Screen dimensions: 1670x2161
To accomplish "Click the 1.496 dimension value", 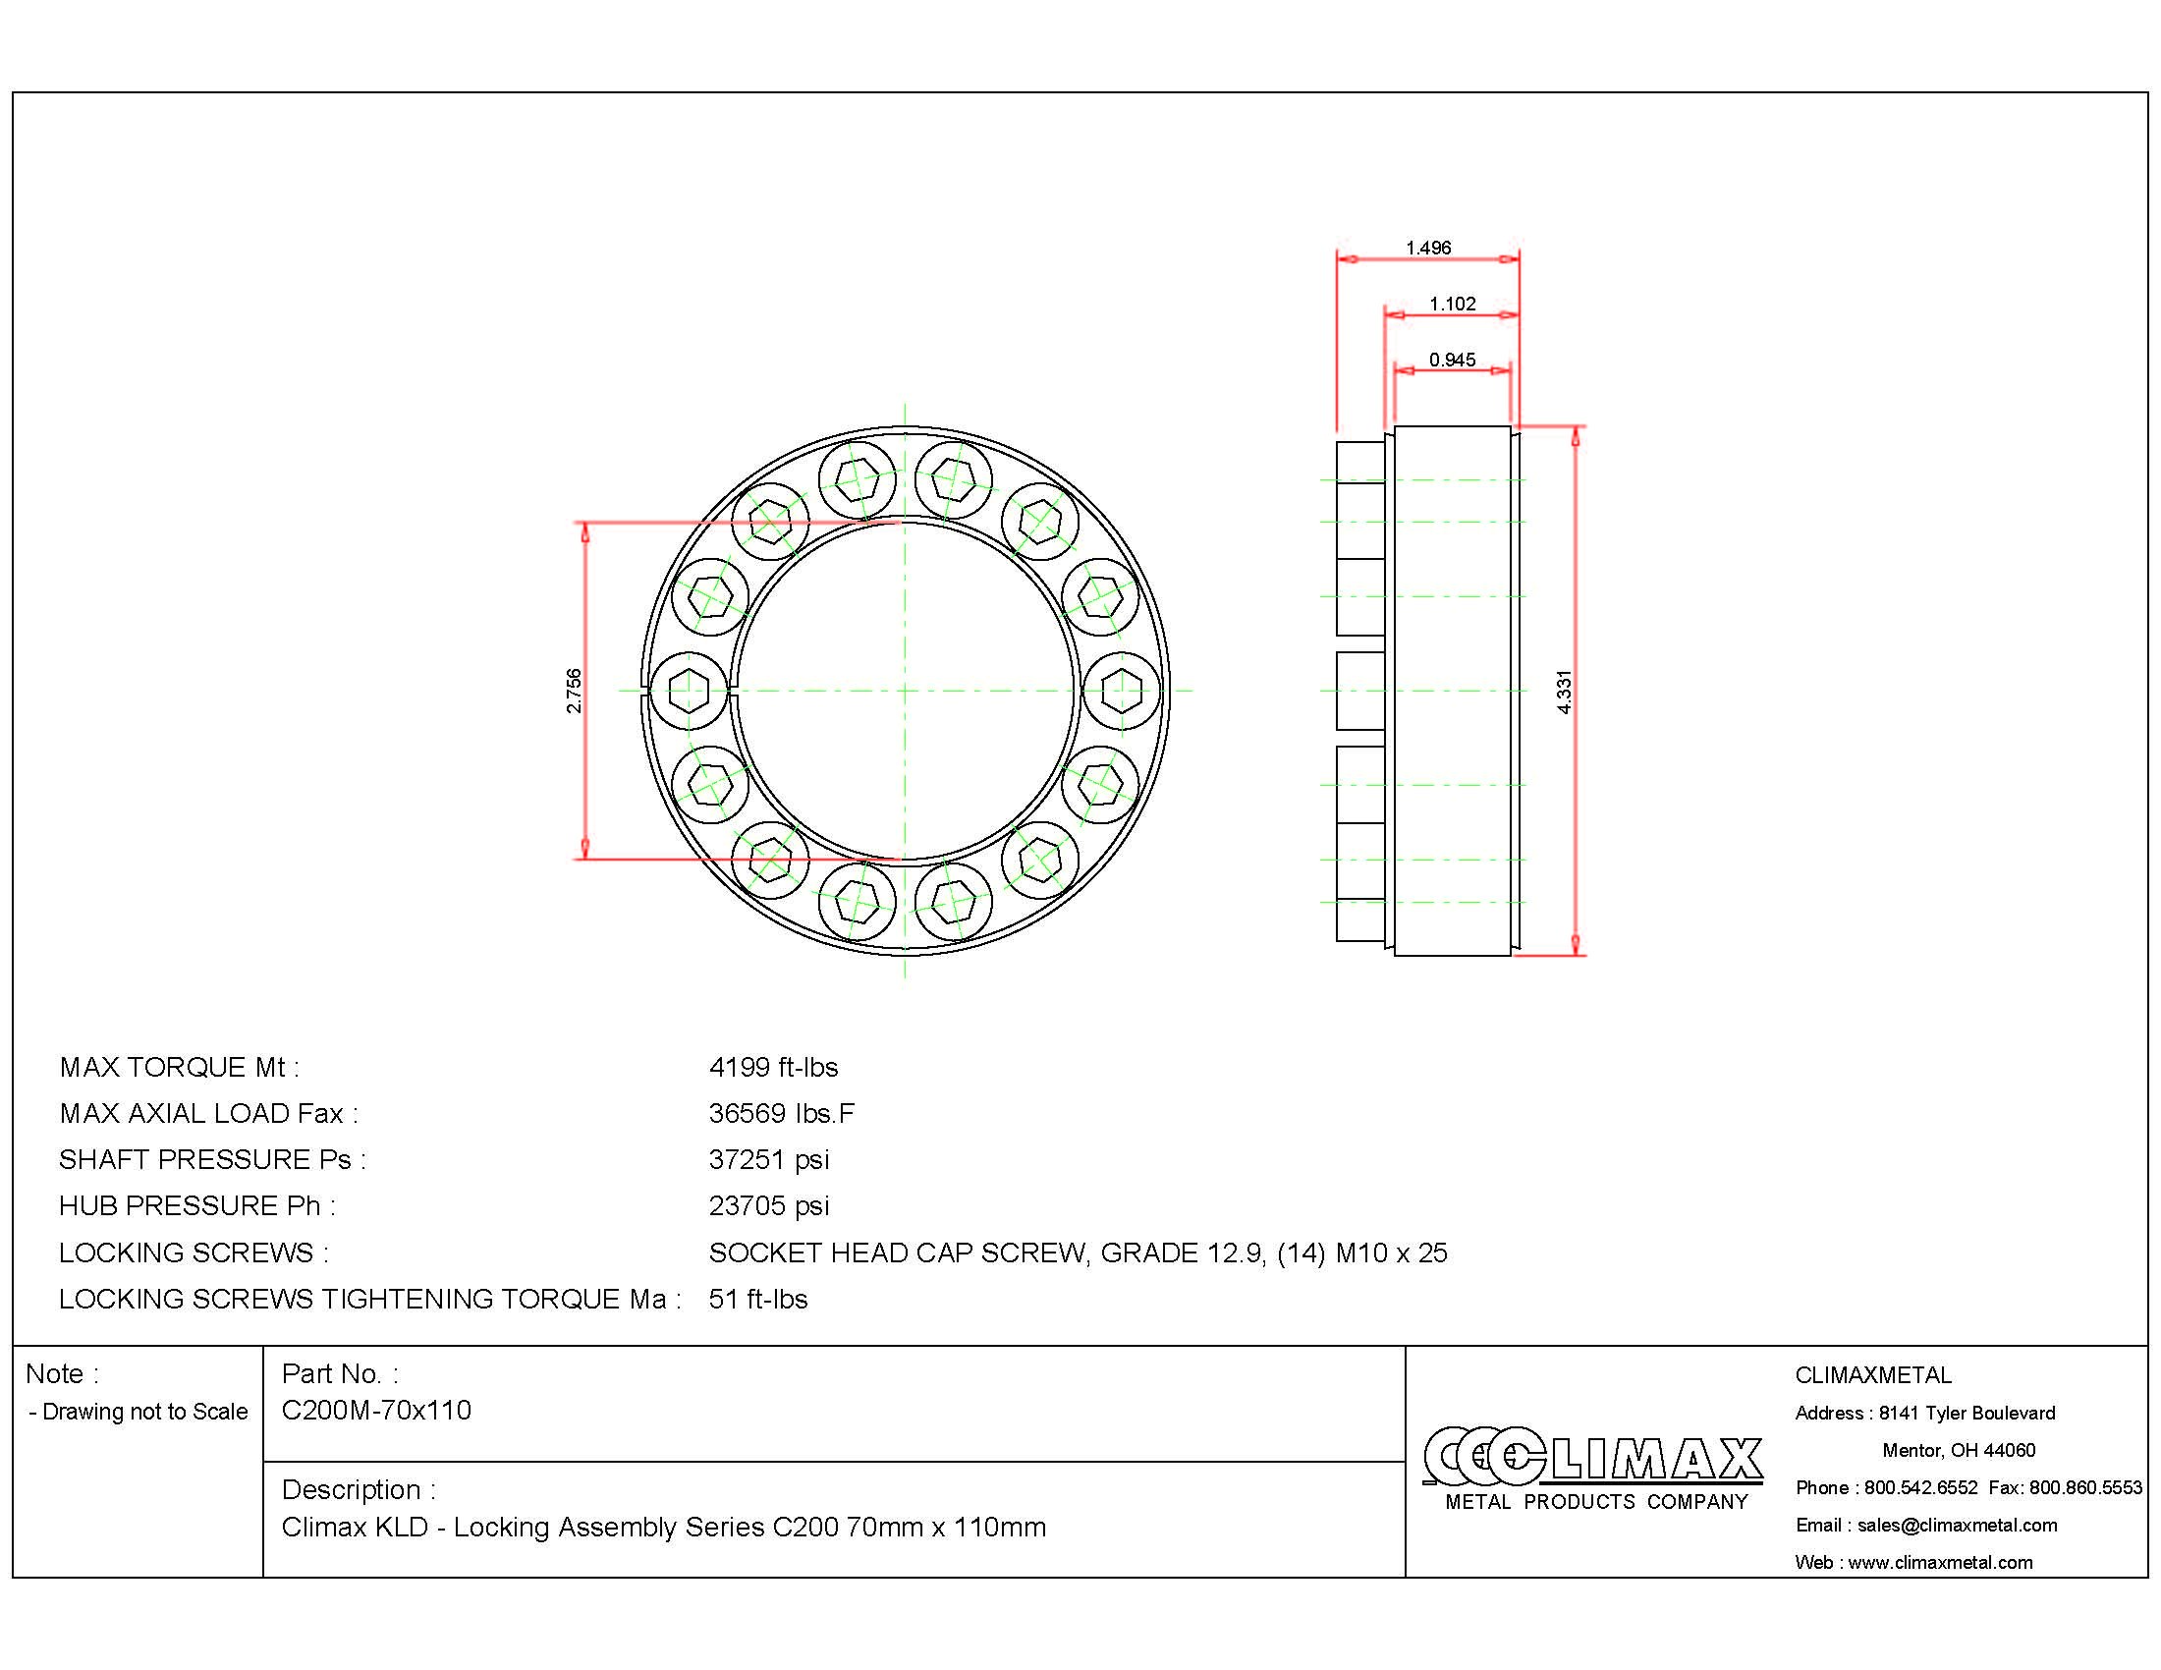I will tap(1428, 248).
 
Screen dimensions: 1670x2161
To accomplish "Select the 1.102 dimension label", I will tap(1452, 304).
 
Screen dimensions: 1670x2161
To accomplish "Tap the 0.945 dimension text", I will tap(1452, 361).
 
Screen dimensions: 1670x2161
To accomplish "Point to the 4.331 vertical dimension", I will tap(1564, 692).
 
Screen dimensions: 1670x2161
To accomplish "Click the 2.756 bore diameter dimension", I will tap(574, 691).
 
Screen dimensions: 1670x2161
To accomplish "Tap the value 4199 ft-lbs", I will tap(773, 1068).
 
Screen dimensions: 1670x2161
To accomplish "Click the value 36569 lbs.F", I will tap(781, 1114).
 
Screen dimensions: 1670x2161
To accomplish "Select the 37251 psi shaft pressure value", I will tap(769, 1159).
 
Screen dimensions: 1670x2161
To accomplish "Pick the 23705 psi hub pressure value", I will tap(769, 1206).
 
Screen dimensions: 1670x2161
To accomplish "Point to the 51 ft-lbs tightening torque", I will tap(758, 1299).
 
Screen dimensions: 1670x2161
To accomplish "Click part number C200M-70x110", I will tap(376, 1411).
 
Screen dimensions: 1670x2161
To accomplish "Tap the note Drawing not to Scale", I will tap(139, 1412).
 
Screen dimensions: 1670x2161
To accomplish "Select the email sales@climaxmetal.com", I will tap(1956, 1526).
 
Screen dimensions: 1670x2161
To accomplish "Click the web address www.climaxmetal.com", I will tap(1939, 1562).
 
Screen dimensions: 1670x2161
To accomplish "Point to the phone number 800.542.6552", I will tap(1920, 1488).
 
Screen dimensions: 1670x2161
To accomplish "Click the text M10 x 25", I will tap(1391, 1253).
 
